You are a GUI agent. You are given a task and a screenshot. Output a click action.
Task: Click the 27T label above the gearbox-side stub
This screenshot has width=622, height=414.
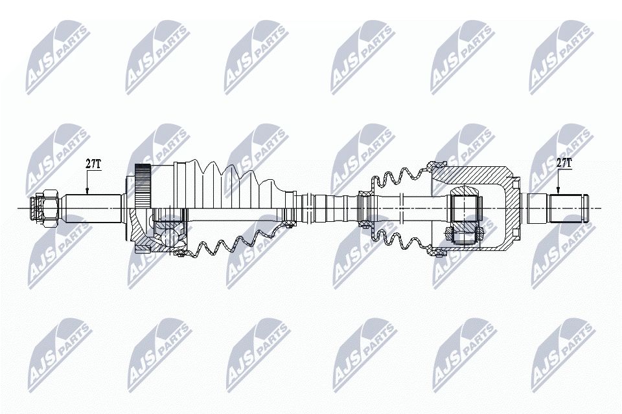564,162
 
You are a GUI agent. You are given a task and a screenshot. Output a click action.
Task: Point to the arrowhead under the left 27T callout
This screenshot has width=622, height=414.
87,191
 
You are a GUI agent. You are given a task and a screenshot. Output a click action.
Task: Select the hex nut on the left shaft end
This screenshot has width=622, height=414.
45,208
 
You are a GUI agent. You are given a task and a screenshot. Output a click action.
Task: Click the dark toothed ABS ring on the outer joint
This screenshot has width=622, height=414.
143,186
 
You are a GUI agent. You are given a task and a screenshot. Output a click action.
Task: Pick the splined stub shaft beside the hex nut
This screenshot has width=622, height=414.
93,208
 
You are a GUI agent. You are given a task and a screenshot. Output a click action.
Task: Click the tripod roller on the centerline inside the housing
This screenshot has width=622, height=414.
465,208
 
